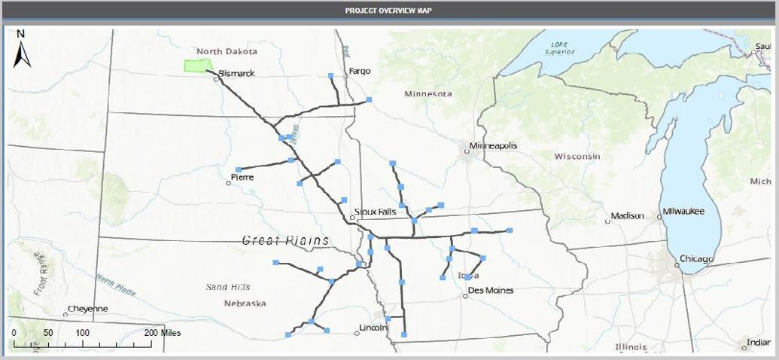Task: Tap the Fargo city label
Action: point(360,71)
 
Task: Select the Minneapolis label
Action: point(493,145)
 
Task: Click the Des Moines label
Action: point(490,290)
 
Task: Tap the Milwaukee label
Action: point(683,212)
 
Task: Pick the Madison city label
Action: point(628,216)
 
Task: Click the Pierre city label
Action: point(242,177)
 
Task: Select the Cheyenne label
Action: point(87,309)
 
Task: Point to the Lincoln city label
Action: point(373,328)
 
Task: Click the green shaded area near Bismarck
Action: point(196,66)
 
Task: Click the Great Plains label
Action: point(285,240)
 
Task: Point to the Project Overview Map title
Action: point(388,11)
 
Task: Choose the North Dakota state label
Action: point(227,51)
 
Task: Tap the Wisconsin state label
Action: point(577,156)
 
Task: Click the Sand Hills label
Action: point(228,287)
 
